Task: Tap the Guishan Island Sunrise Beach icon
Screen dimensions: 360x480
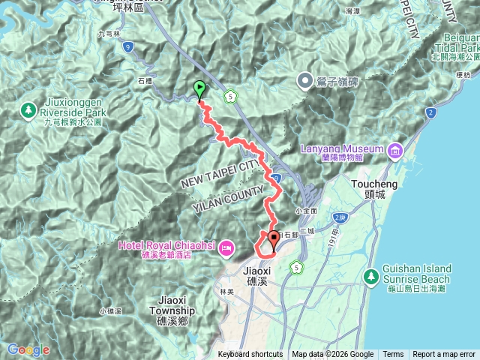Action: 370,277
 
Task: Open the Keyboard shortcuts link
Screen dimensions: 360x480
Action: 250,355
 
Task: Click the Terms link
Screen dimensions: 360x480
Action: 393,355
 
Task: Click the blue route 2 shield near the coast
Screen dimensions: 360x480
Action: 430,113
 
